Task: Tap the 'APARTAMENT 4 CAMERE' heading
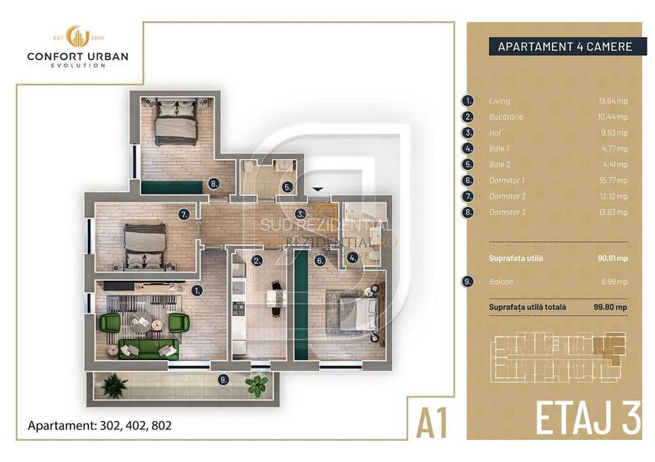tap(565, 47)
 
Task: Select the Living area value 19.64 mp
tap(612, 101)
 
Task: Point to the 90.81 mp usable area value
tap(612, 258)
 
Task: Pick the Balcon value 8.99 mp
tap(614, 281)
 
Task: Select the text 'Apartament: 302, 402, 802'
tap(99, 427)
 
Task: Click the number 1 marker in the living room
tap(198, 289)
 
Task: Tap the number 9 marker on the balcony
tap(223, 379)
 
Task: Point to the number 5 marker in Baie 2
tap(286, 187)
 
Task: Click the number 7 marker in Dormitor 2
tap(185, 215)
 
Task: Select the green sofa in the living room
tap(149, 349)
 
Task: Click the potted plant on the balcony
tap(257, 382)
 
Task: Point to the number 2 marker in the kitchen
tap(256, 261)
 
